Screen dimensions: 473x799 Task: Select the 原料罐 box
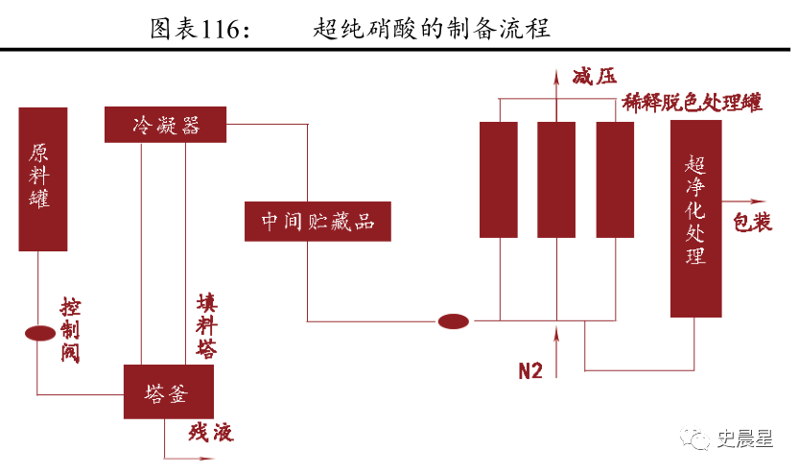tap(42, 178)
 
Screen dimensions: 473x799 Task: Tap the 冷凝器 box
tap(165, 125)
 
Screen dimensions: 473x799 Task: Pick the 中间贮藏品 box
tap(317, 222)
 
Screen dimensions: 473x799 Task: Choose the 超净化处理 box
tap(695, 218)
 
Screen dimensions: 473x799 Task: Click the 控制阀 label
tap(70, 329)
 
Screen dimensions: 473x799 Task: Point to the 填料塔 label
tap(205, 324)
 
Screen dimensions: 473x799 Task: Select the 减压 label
tap(592, 77)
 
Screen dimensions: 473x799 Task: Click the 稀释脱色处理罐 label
tap(692, 103)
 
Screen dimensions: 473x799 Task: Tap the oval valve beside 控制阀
tap(38, 333)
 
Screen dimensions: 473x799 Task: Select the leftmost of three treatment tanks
tap(498, 178)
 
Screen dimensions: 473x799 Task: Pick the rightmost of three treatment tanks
tap(615, 178)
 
